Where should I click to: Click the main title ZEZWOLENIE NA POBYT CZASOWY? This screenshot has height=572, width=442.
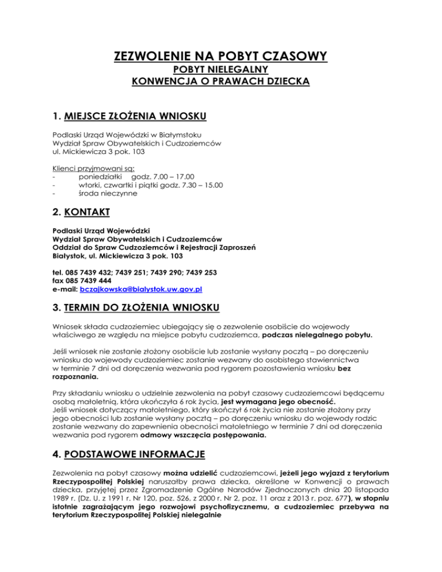221,56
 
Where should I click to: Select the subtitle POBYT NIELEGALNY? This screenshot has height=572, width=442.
221,70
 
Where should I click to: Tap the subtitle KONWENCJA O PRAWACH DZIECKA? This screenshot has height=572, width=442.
221,81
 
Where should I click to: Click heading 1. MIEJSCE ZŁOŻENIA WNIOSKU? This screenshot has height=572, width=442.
126,117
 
